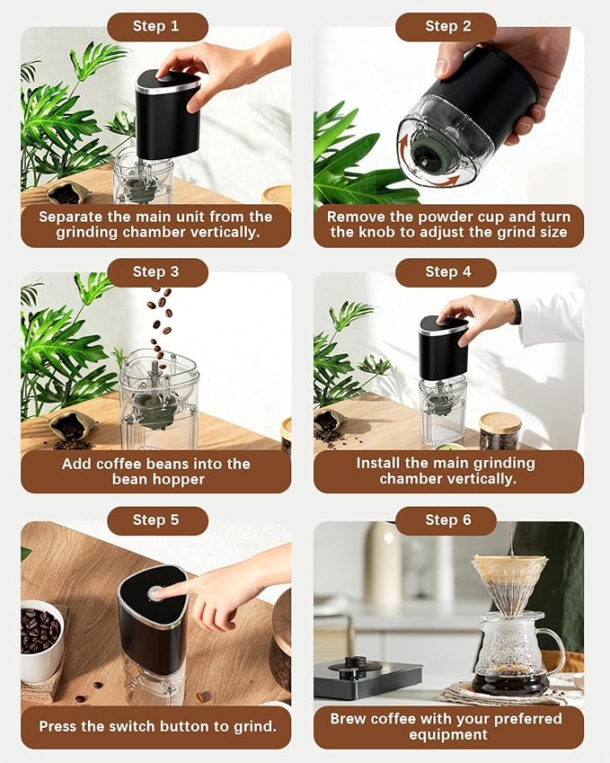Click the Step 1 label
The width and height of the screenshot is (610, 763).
tap(155, 26)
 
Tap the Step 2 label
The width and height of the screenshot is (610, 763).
tap(447, 26)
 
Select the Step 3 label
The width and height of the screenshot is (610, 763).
tap(155, 271)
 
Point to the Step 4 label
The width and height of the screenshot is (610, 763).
tap(447, 271)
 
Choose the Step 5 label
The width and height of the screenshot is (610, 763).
tap(155, 520)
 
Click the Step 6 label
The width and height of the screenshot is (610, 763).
tap(447, 520)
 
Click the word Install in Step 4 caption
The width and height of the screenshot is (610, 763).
tap(381, 463)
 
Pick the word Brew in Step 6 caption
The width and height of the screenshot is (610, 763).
tap(349, 718)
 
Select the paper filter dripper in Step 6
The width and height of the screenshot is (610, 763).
tap(509, 579)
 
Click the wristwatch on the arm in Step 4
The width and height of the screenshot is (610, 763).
tap(516, 311)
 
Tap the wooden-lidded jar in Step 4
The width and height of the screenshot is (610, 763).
tap(499, 430)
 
